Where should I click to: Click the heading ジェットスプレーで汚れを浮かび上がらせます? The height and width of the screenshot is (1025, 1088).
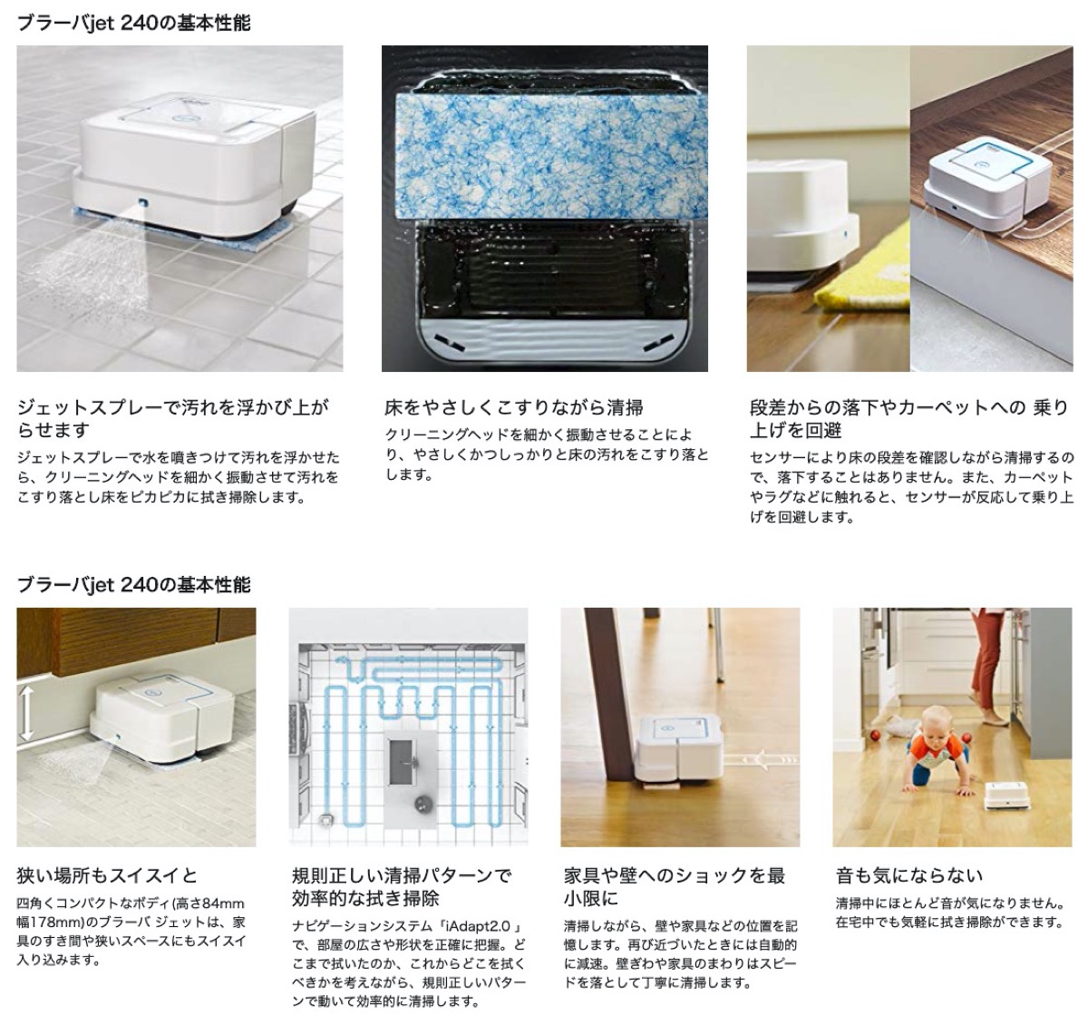172,417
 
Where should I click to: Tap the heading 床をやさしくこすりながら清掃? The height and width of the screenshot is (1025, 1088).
514,407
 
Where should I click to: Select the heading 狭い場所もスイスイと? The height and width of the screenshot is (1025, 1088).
107,875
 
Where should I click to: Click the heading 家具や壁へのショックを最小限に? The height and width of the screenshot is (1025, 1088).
674,886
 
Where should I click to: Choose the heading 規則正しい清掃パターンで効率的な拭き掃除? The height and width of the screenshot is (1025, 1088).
402,886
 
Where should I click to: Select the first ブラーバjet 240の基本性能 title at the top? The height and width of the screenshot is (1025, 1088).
133,23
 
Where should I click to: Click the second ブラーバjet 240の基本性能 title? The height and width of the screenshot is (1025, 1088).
133,584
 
